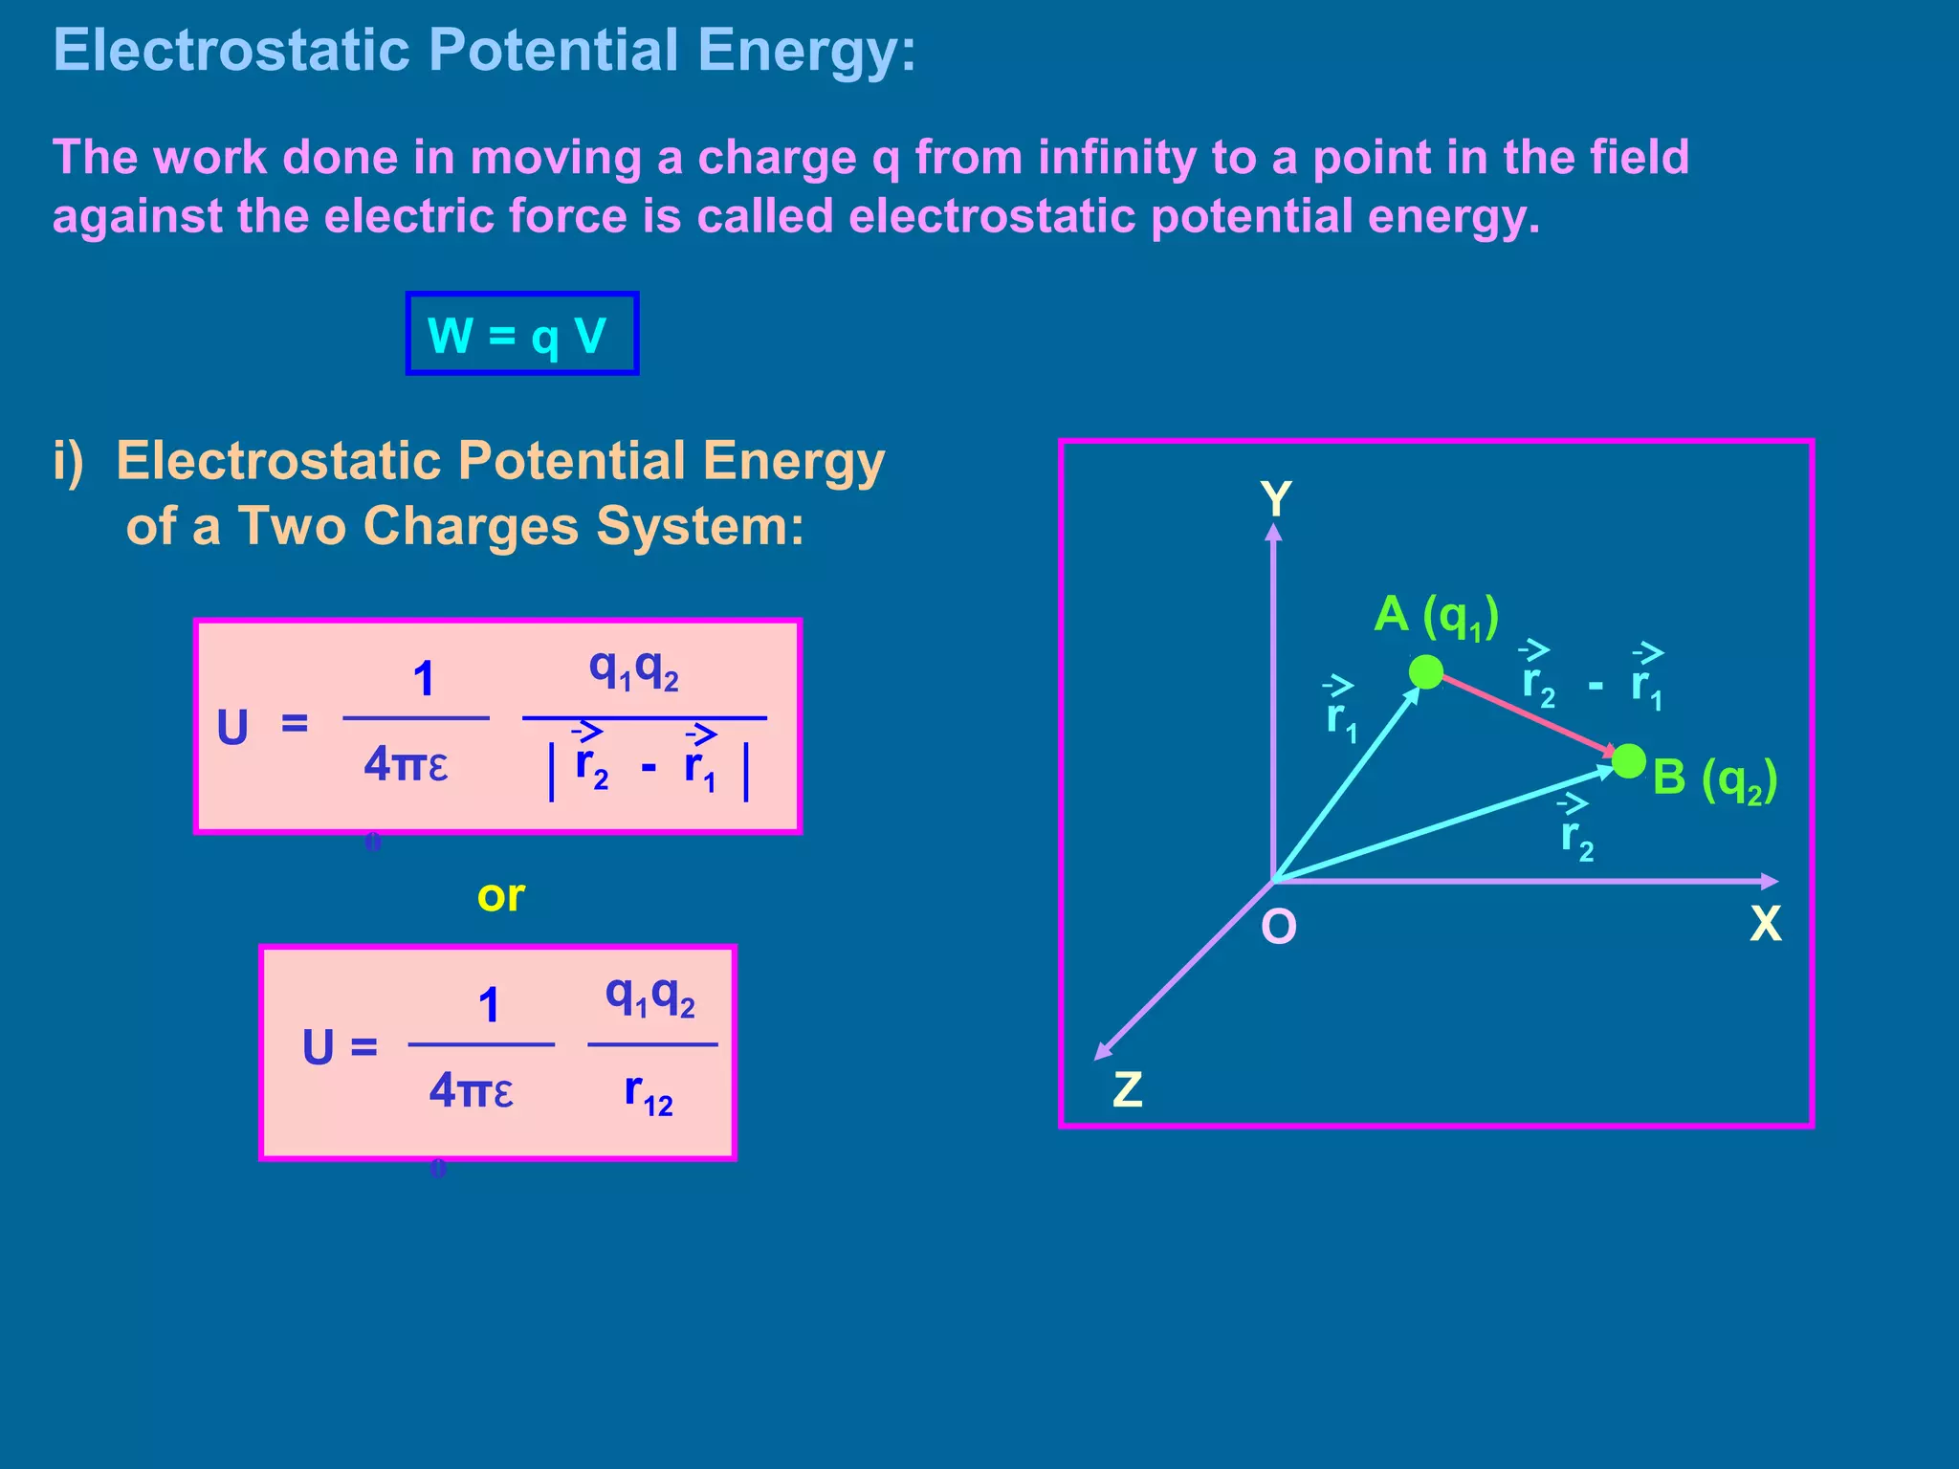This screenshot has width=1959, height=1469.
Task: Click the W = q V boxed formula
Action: [x=521, y=334]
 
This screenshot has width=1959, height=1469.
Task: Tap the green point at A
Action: [x=1425, y=671]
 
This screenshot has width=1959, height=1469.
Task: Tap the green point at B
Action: [x=1628, y=761]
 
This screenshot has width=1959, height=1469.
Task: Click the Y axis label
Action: [x=1276, y=499]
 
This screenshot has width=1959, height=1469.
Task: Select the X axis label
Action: [x=1765, y=924]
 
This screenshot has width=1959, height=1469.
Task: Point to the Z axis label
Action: [x=1128, y=1089]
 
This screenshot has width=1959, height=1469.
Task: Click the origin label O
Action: [x=1279, y=927]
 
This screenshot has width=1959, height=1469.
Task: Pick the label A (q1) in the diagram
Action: [x=1436, y=616]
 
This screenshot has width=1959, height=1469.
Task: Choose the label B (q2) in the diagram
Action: [x=1714, y=778]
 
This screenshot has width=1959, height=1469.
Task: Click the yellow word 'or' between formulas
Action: [x=500, y=896]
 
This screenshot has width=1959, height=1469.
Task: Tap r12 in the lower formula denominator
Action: [x=649, y=1092]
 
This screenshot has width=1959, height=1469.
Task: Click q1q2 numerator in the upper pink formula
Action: [x=633, y=669]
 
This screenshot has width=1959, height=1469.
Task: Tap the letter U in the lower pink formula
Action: [x=319, y=1047]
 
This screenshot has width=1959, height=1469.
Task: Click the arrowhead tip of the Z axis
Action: [x=1097, y=1057]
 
